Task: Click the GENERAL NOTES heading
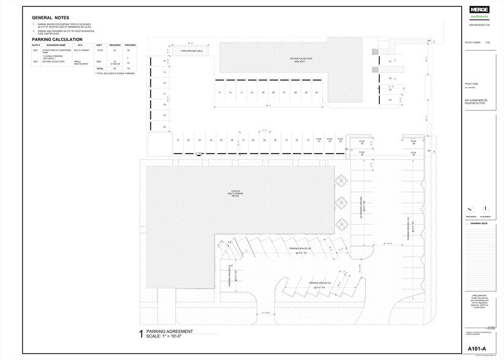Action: pyautogui.click(x=51, y=18)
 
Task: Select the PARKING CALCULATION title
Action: pyautogui.click(x=57, y=39)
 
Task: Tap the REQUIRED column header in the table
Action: pyautogui.click(x=115, y=45)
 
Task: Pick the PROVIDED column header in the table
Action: pyautogui.click(x=130, y=45)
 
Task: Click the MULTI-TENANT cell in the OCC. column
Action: pyautogui.click(x=81, y=50)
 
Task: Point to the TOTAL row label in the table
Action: pyautogui.click(x=100, y=69)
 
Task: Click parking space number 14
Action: pyautogui.click(x=165, y=61)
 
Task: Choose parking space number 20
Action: pyautogui.click(x=165, y=126)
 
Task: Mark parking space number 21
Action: pyautogui.click(x=178, y=140)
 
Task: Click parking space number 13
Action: pyautogui.click(x=219, y=92)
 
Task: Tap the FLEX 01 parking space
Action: pyautogui.click(x=318, y=140)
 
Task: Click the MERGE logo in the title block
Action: pyautogui.click(x=479, y=10)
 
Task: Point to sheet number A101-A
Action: pyautogui.click(x=477, y=349)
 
